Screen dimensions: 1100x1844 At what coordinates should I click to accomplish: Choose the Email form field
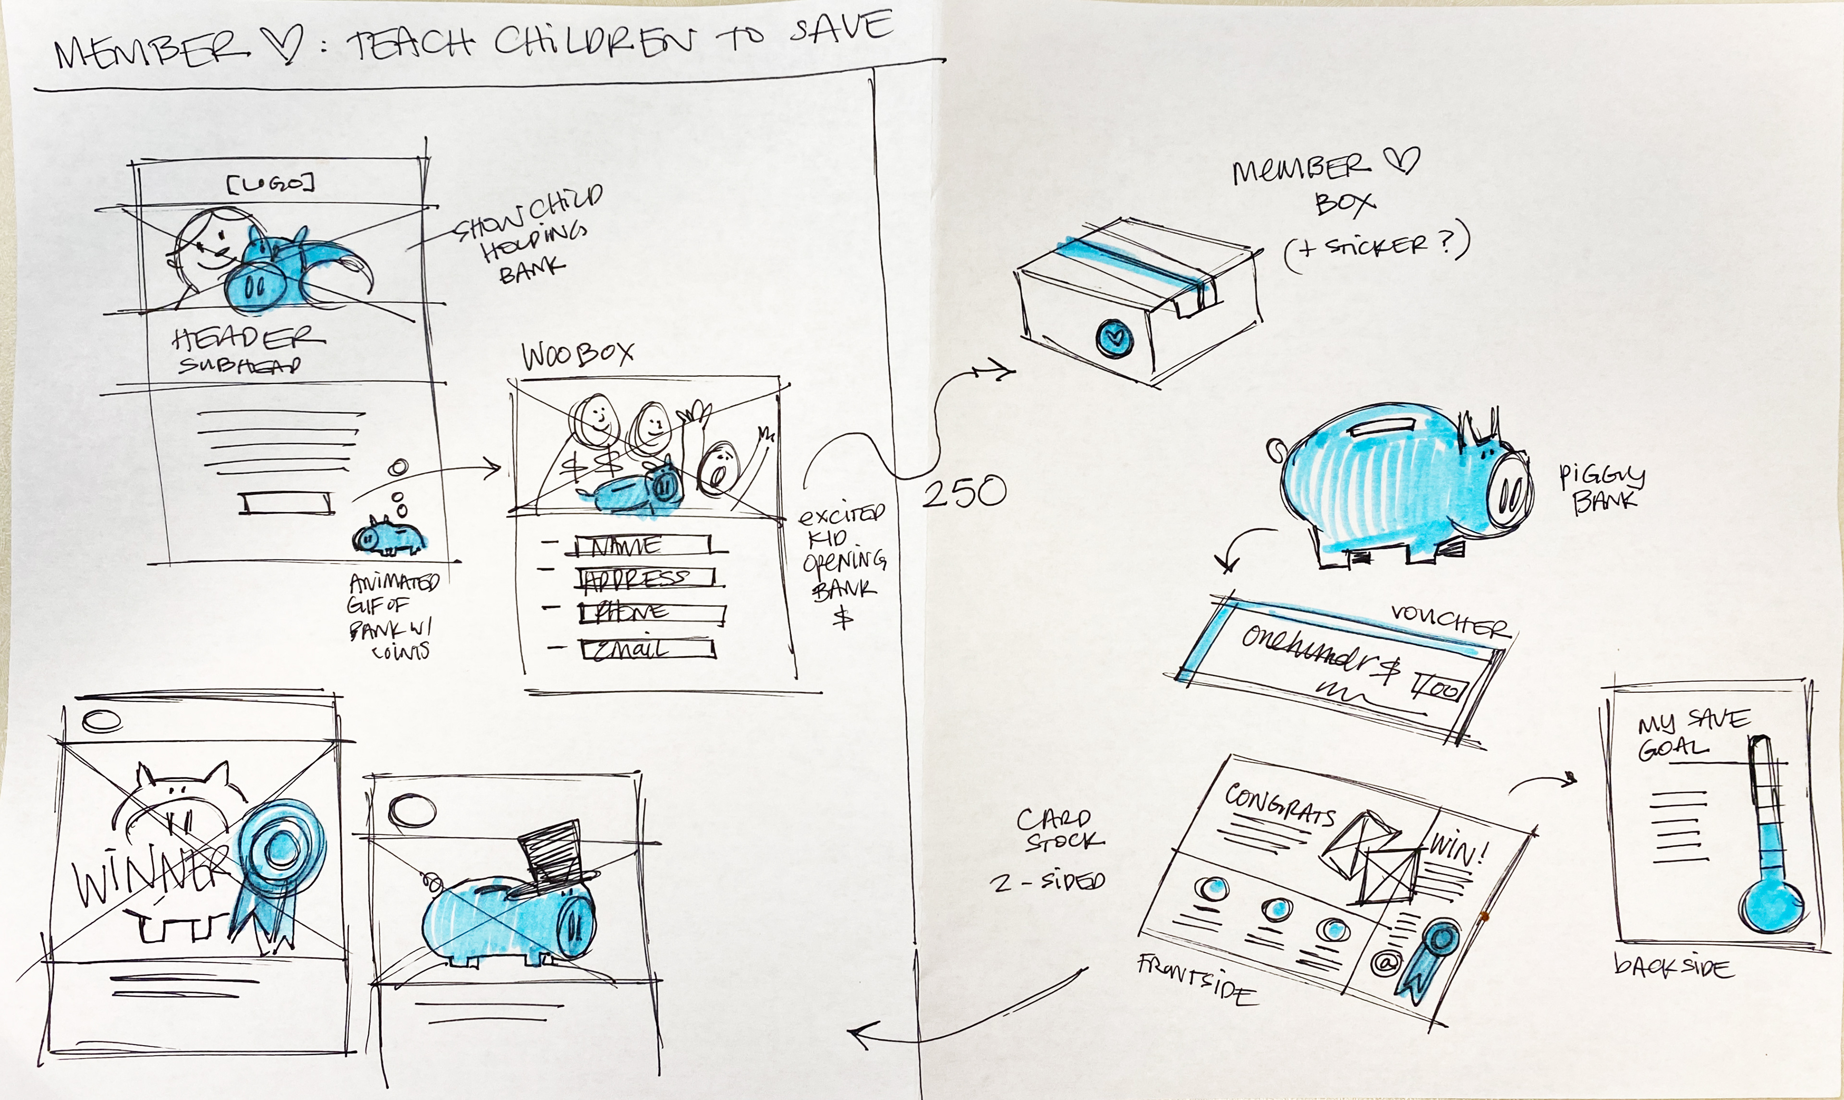tap(647, 649)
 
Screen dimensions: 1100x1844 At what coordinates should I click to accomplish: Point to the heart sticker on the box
tap(1114, 338)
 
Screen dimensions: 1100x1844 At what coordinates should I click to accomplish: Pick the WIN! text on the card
tap(1458, 849)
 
